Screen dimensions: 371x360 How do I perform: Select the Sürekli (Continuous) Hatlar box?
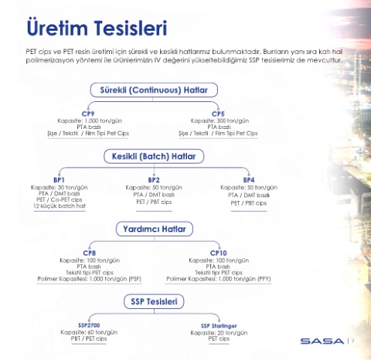click(x=154, y=90)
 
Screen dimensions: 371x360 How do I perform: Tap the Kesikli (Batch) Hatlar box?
click(x=154, y=156)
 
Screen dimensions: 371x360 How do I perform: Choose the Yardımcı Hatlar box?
click(x=155, y=229)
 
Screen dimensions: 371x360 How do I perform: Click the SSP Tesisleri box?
click(x=154, y=301)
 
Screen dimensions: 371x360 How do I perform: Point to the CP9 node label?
click(x=88, y=114)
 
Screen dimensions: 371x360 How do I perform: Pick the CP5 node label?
click(x=218, y=114)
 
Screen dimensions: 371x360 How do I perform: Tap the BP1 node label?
click(x=59, y=180)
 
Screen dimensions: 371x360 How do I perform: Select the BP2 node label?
click(x=154, y=180)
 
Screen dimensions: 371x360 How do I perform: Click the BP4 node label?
click(x=249, y=180)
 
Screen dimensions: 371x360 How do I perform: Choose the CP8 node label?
click(x=90, y=253)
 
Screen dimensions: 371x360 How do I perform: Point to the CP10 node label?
click(x=219, y=253)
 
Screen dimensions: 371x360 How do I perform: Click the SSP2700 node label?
click(x=89, y=325)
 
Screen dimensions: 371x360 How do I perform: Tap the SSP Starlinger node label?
click(x=219, y=326)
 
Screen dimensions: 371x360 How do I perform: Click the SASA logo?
click(x=322, y=341)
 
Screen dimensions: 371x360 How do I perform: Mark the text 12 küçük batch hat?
click(x=60, y=206)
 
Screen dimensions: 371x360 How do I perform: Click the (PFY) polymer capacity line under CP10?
click(x=219, y=279)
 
